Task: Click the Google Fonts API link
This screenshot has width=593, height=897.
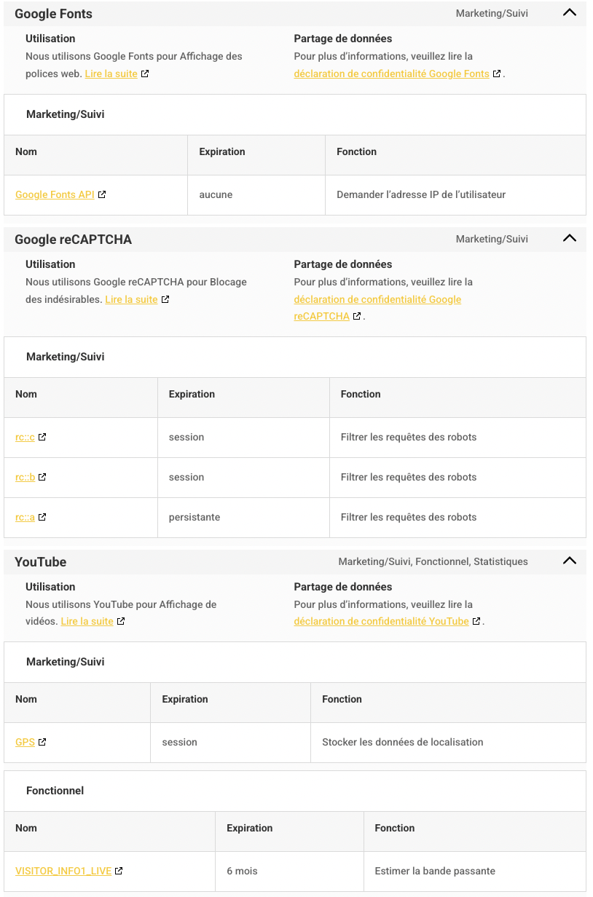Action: tap(55, 194)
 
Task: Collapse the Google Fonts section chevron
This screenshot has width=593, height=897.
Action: tap(570, 12)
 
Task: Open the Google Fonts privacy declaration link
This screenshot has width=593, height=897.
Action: tap(391, 74)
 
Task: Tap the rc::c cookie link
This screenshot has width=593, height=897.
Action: tap(25, 437)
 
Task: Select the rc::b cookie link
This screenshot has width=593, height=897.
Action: tap(25, 477)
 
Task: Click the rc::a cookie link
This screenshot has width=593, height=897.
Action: tap(25, 517)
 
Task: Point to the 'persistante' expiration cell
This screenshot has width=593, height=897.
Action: tap(195, 517)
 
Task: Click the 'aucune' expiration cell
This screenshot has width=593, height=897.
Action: tap(216, 194)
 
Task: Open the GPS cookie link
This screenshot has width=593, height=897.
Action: tap(25, 742)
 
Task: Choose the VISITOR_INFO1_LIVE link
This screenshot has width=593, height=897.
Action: tap(63, 871)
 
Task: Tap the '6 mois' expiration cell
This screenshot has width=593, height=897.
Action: tap(242, 871)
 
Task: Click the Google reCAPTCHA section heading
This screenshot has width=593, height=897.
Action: tap(73, 240)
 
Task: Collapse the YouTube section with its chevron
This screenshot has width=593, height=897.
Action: tap(570, 561)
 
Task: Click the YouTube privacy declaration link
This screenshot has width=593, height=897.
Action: tap(381, 621)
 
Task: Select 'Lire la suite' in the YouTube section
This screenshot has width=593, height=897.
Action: tap(87, 621)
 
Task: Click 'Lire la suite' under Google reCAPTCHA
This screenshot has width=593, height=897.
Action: tap(131, 299)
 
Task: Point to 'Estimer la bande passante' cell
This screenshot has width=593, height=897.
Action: tap(435, 871)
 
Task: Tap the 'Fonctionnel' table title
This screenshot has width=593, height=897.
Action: tap(55, 791)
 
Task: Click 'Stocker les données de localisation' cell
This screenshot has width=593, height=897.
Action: tap(402, 742)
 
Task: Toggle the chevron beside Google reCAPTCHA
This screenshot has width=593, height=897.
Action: tap(570, 238)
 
